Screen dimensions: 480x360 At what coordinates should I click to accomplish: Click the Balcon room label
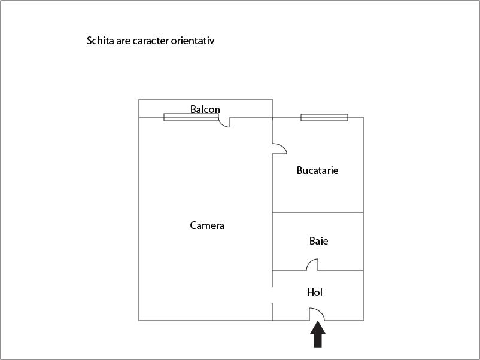click(205, 109)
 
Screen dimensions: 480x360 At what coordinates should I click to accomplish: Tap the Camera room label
click(207, 225)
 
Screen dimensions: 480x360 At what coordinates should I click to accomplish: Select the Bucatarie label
click(317, 170)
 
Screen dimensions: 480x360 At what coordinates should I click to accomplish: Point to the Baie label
click(318, 241)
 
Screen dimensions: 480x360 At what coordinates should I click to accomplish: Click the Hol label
click(315, 292)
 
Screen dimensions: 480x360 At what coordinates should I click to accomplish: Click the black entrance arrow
click(318, 334)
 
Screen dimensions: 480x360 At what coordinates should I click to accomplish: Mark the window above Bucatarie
click(324, 117)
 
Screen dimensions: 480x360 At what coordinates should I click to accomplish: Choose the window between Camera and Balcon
click(191, 117)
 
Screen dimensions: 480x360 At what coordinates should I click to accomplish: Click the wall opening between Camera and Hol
click(272, 295)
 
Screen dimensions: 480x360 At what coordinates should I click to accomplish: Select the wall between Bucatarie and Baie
click(318, 212)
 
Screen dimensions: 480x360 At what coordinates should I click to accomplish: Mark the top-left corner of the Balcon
click(139, 99)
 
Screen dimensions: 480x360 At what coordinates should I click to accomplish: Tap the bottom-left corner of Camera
click(139, 321)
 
